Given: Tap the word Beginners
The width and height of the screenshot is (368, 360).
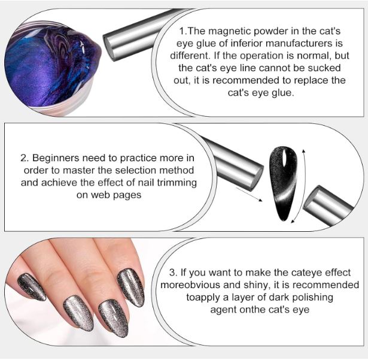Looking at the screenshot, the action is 56,158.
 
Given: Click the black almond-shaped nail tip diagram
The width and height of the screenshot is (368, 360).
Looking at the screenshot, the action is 284,183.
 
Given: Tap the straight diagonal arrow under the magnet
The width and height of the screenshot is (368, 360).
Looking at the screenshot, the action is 249,194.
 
